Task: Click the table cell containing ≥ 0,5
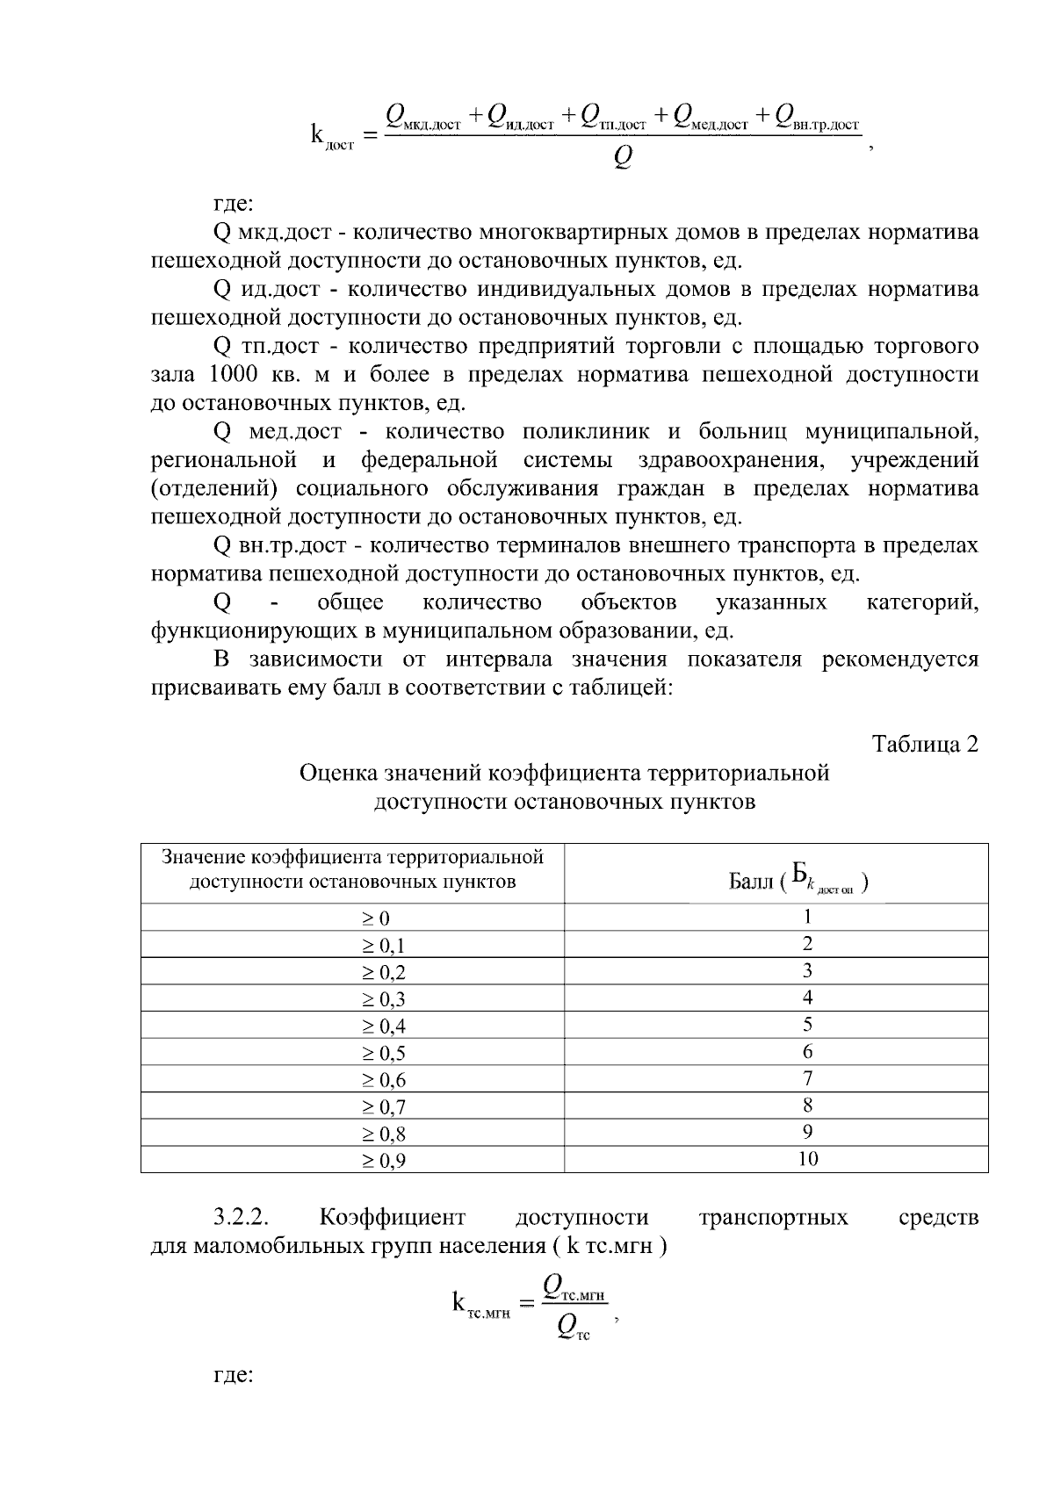pos(352,1053)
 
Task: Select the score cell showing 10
pos(776,1159)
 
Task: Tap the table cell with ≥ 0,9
pos(352,1161)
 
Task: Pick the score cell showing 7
pos(776,1078)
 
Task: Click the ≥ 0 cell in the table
pos(352,918)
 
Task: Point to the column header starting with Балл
pos(776,874)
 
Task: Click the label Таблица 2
pos(924,744)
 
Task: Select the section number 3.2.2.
pos(241,1217)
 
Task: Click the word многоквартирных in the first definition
pos(570,233)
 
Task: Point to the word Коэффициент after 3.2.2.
pos(392,1217)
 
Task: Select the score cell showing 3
pos(776,970)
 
